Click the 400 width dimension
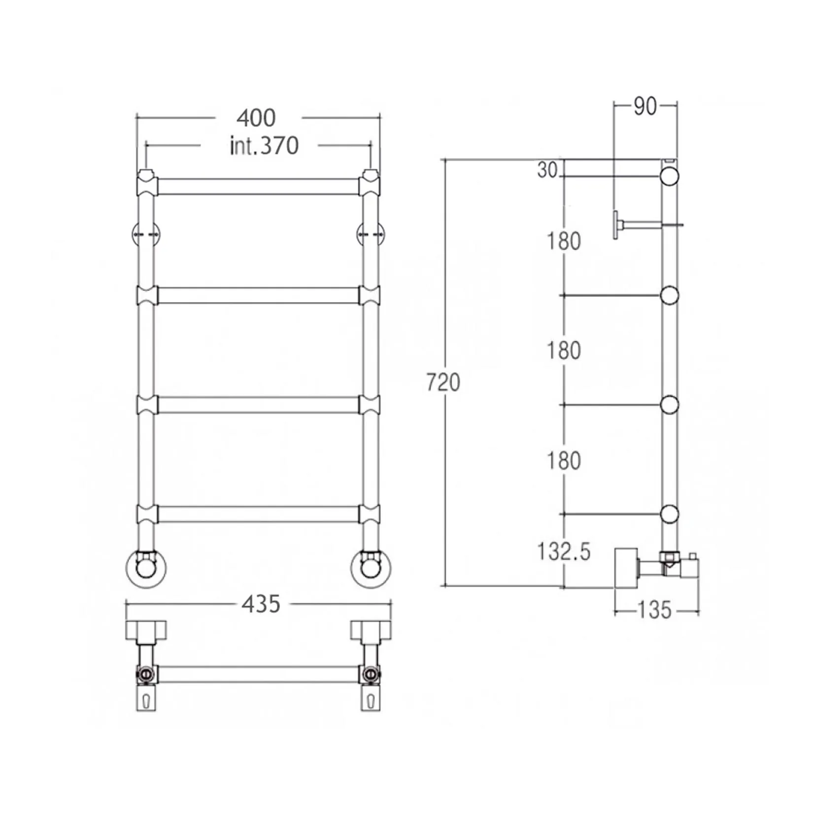pos(256,118)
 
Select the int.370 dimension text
pos(264,146)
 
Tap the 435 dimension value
pos(261,604)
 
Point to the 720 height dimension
pos(443,383)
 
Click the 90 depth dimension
pos(645,106)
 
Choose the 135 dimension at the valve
pos(654,611)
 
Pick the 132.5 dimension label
pos(564,552)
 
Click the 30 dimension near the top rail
pos(547,170)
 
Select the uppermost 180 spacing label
pos(564,241)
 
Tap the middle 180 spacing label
pos(564,351)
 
